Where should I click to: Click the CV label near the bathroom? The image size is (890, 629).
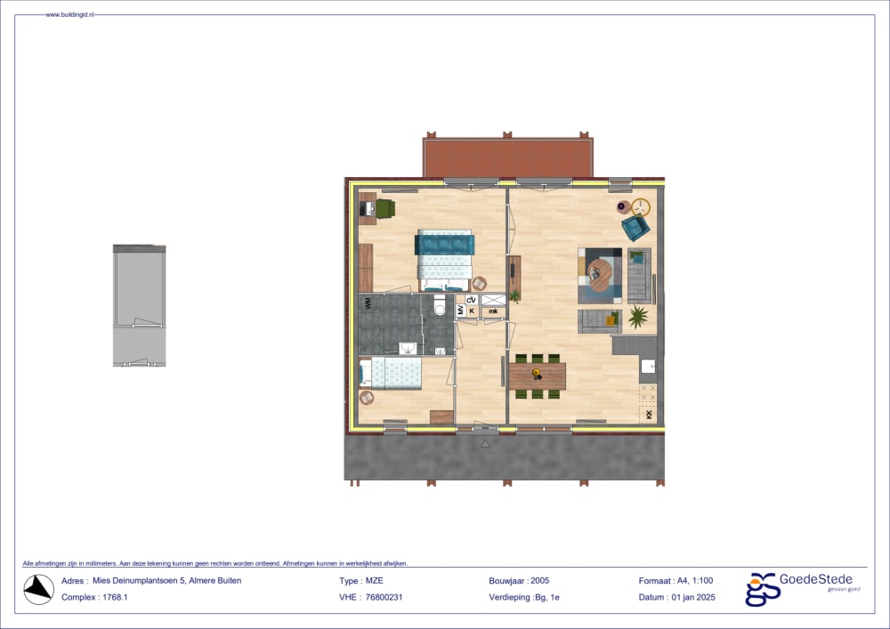(472, 300)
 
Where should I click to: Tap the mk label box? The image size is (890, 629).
(493, 311)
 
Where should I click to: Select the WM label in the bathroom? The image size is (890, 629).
(367, 303)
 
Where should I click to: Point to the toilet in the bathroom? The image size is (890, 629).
(439, 308)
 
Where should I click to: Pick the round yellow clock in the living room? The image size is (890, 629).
(641, 206)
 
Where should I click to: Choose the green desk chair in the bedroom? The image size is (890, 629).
(385, 208)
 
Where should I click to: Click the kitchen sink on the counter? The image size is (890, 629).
(648, 367)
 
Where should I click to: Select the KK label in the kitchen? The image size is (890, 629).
(649, 415)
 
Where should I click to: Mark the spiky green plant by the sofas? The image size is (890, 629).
(637, 316)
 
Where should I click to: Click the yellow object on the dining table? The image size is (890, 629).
(537, 371)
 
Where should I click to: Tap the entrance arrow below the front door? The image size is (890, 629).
(485, 441)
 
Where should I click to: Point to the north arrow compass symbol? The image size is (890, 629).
(38, 588)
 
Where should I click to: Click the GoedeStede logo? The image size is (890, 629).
(797, 588)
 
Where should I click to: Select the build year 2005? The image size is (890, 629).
(540, 580)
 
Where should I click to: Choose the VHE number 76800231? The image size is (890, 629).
(384, 597)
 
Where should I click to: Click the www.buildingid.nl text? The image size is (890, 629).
(71, 15)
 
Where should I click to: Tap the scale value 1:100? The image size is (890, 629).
(704, 580)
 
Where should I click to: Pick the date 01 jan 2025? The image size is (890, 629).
(692, 597)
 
